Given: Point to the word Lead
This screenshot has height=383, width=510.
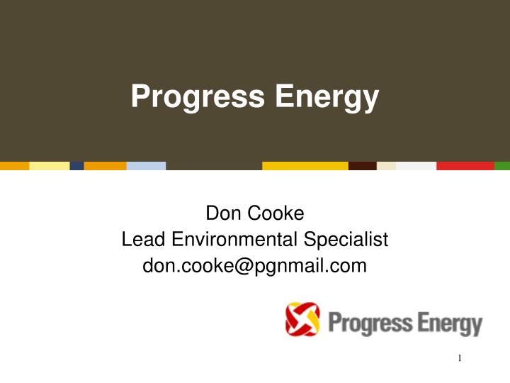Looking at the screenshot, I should (x=140, y=240).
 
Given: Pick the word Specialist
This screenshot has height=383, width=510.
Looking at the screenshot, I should (x=349, y=240).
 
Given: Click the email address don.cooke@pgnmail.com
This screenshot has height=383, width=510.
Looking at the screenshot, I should (x=255, y=266).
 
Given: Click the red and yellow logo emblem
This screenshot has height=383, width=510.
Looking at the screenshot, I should (x=302, y=319).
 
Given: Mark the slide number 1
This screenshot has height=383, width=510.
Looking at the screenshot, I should (x=460, y=358).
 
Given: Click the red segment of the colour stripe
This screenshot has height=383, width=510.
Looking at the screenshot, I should (x=465, y=166).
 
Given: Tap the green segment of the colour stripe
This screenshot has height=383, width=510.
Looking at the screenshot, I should (x=501, y=166).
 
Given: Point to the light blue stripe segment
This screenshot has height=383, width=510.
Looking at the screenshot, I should (x=146, y=166).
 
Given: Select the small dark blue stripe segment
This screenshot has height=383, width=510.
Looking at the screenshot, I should (x=76, y=166).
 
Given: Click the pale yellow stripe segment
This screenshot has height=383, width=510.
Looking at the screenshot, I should (x=49, y=166).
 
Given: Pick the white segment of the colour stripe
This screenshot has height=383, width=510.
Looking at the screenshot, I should (x=416, y=166).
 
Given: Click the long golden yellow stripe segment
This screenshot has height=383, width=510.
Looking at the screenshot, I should (x=305, y=166).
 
